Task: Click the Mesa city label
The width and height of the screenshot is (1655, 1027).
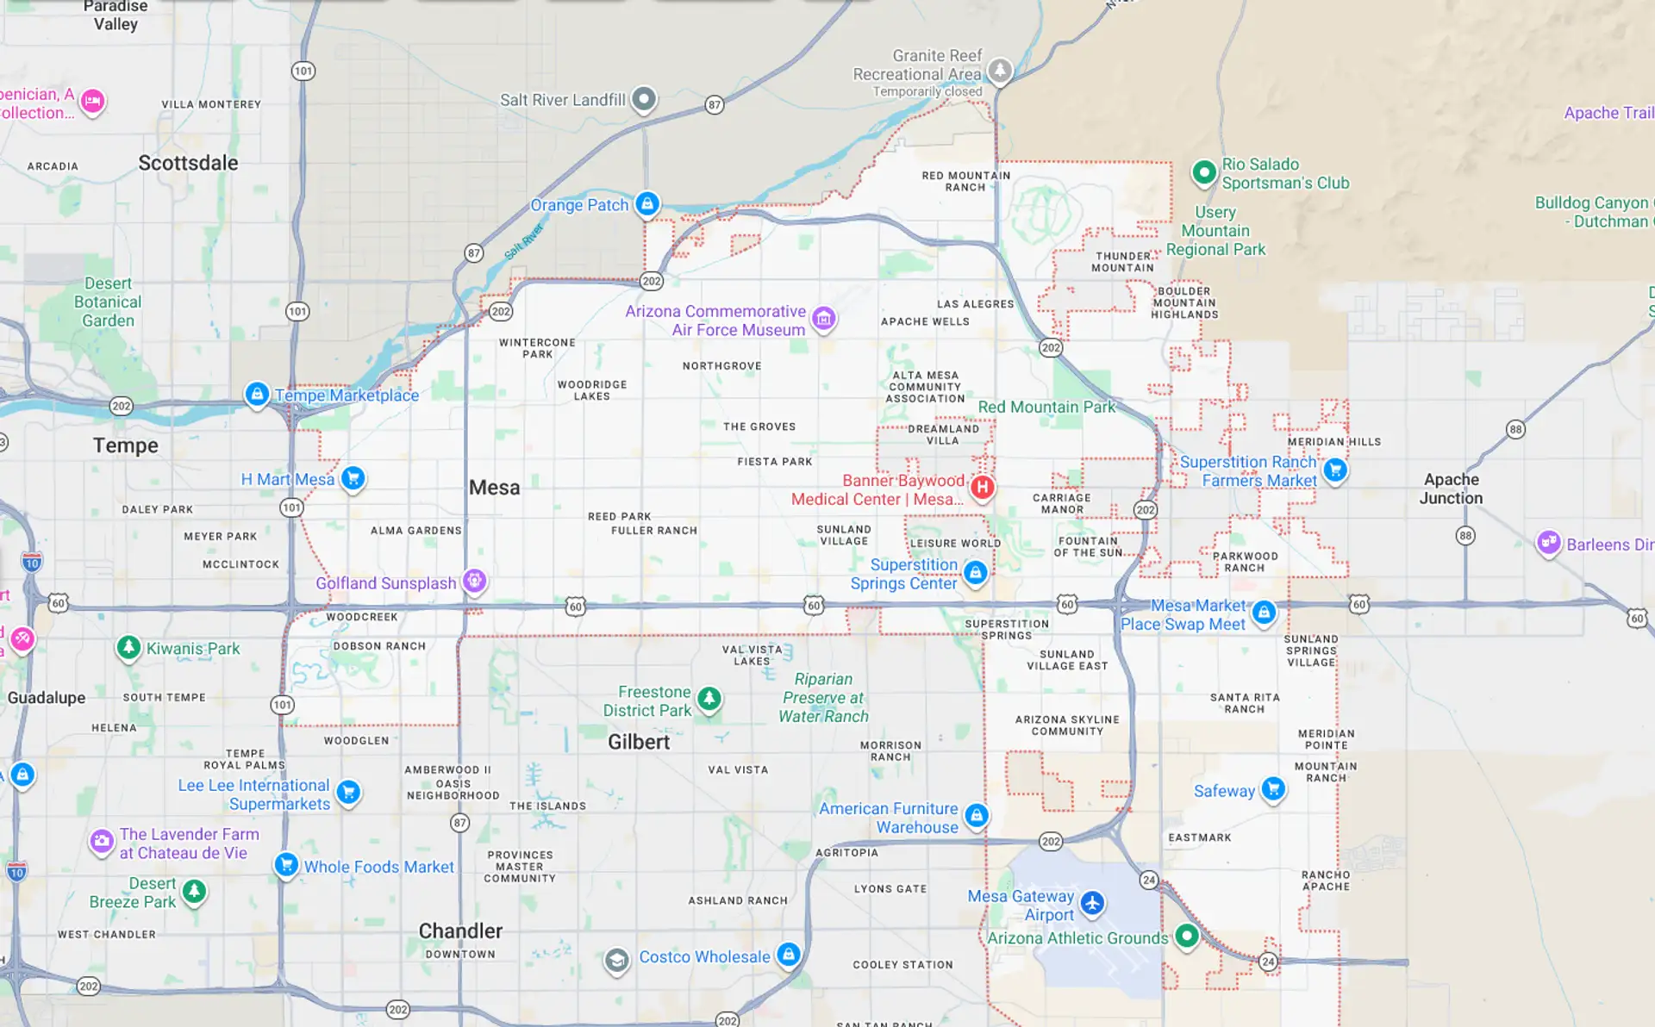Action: pyautogui.click(x=494, y=488)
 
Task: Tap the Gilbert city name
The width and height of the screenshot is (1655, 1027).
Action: pyautogui.click(x=638, y=742)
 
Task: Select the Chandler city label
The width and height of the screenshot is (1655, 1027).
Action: pyautogui.click(x=460, y=931)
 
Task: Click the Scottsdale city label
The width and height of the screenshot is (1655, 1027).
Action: pyautogui.click(x=188, y=163)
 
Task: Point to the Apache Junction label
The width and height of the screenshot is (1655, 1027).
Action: pyautogui.click(x=1451, y=489)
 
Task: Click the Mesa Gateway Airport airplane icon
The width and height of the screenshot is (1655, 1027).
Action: pyautogui.click(x=1092, y=903)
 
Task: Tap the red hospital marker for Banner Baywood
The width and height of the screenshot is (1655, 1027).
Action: pyautogui.click(x=982, y=488)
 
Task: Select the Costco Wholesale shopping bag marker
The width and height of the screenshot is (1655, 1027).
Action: pyautogui.click(x=788, y=954)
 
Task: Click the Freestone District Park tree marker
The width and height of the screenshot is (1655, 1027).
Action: pyautogui.click(x=709, y=698)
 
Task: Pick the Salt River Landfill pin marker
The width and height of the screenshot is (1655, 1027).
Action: pyautogui.click(x=643, y=99)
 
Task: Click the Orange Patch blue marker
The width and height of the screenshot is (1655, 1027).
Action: pyautogui.click(x=647, y=203)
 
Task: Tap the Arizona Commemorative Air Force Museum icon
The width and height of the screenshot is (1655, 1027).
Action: pyautogui.click(x=823, y=319)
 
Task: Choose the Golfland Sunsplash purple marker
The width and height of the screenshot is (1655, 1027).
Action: pyautogui.click(x=474, y=581)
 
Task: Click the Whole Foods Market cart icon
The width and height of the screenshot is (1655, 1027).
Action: pyautogui.click(x=286, y=863)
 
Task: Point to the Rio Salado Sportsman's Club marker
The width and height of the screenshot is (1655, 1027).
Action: pyautogui.click(x=1203, y=171)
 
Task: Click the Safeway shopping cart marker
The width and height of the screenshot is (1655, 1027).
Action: pyautogui.click(x=1273, y=788)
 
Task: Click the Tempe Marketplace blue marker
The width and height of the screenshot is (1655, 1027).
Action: pyautogui.click(x=256, y=394)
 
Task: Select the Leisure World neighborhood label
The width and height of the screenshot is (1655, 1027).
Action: pyautogui.click(x=955, y=544)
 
